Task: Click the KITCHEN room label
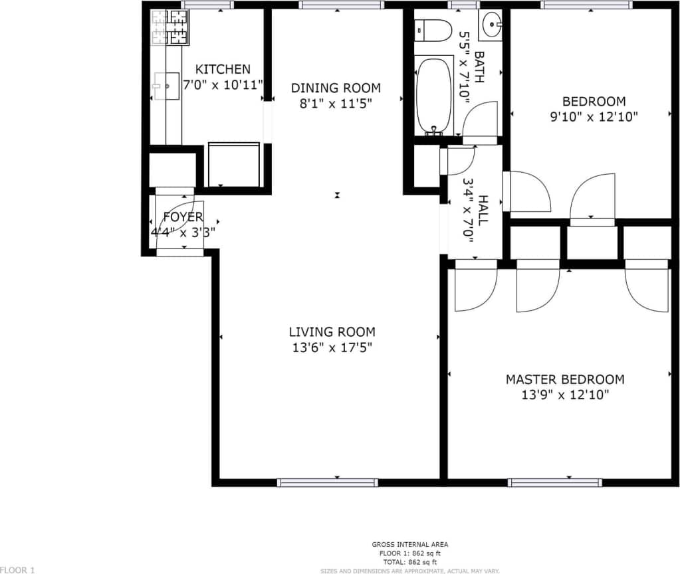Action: tap(223, 69)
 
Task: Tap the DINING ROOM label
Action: tap(336, 88)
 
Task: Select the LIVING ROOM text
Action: tap(332, 332)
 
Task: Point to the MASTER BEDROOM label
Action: tap(565, 379)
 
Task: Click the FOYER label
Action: tap(183, 217)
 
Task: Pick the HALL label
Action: tap(483, 210)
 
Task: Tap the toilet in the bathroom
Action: tap(431, 31)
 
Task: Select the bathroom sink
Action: tap(491, 25)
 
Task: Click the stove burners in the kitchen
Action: tap(170, 27)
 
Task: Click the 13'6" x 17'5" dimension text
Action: tap(332, 347)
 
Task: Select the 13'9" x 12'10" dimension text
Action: tap(565, 395)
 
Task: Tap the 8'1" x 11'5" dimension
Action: tap(336, 104)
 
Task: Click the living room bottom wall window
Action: tap(328, 482)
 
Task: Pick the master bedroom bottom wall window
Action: tap(555, 482)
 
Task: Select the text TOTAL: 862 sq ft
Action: tap(409, 561)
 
